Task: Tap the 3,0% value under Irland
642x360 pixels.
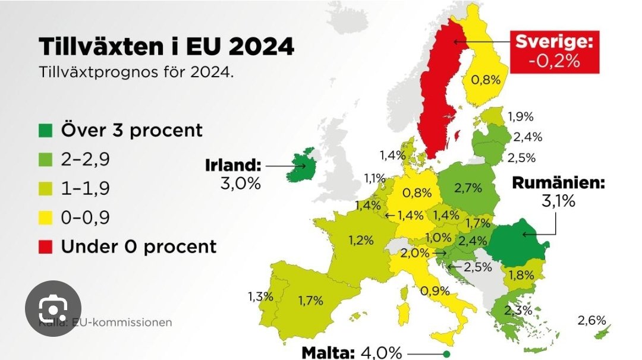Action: pos(240,183)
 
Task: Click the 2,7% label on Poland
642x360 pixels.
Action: pos(468,188)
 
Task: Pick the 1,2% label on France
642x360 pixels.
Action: pos(361,240)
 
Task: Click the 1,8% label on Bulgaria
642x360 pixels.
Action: pos(521,274)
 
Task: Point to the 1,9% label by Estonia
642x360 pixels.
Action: pos(521,116)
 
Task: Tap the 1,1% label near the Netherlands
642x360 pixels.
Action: pos(375,177)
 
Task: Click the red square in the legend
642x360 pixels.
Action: pos(48,246)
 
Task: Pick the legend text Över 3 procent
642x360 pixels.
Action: pos(131,130)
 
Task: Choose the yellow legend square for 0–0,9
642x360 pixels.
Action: pos(48,217)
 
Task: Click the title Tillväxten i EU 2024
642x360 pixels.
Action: pos(166,46)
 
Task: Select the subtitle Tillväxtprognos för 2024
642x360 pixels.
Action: pos(136,73)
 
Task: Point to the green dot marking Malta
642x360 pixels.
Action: pos(446,355)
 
